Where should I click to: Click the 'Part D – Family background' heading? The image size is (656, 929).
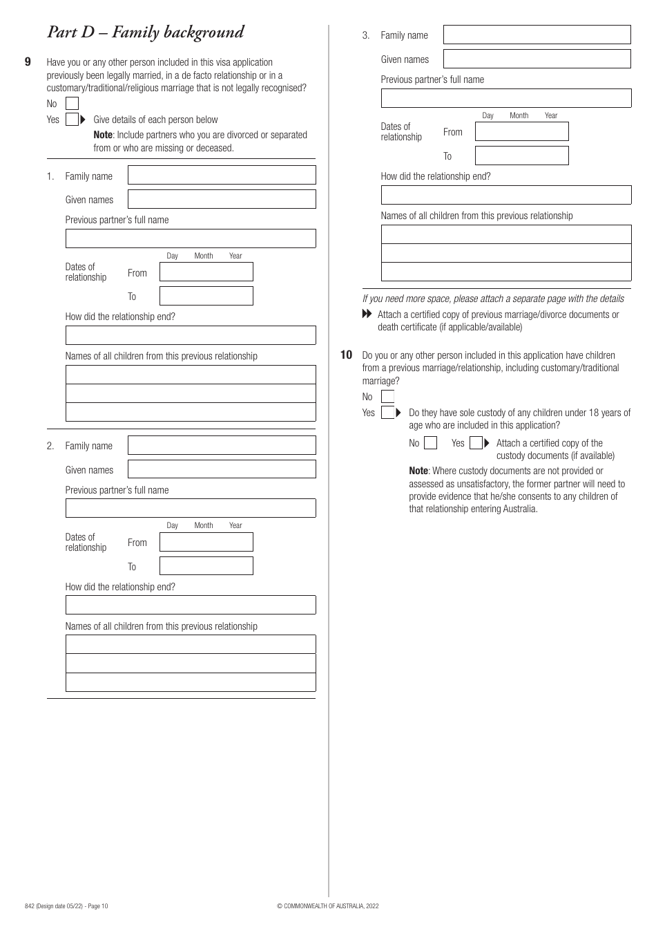click(x=145, y=32)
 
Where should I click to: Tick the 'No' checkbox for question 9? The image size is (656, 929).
click(x=72, y=104)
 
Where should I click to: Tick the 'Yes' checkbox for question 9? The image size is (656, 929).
click(x=72, y=120)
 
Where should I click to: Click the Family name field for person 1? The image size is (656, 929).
click(x=222, y=176)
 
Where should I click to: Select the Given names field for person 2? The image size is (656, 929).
click(x=222, y=469)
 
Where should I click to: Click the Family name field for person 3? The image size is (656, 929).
click(x=537, y=35)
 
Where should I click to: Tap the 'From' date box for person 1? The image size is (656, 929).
click(x=206, y=272)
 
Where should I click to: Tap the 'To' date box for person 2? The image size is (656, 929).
click(x=206, y=566)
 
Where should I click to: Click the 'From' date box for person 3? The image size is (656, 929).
click(x=521, y=131)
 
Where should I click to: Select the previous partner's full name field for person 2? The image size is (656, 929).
click(x=191, y=508)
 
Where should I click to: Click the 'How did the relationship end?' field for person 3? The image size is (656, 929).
click(x=505, y=195)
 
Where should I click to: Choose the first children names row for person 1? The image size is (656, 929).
click(x=191, y=375)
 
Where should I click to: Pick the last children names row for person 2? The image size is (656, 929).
click(x=191, y=682)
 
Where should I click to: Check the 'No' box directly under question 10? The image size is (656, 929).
click(x=387, y=397)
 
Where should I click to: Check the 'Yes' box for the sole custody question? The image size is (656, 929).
click(x=476, y=443)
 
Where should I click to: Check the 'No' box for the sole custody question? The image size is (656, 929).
click(x=430, y=443)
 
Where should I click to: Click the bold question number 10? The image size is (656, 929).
click(x=347, y=355)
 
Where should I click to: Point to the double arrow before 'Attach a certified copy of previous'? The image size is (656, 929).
click(x=367, y=315)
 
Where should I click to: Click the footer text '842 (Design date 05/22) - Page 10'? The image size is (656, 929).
click(x=66, y=906)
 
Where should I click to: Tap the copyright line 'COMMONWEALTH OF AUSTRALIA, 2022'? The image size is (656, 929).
click(x=327, y=906)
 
